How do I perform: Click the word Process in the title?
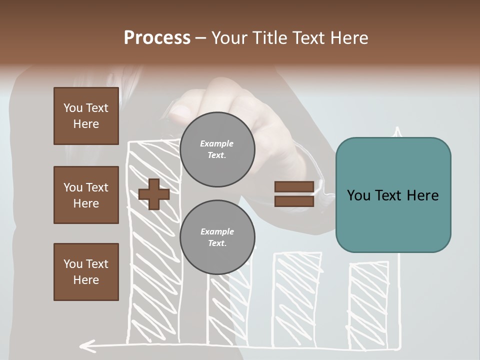click(x=157, y=38)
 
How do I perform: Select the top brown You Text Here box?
click(x=86, y=116)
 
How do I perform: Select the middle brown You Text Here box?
click(x=86, y=195)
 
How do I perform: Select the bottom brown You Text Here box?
click(x=86, y=272)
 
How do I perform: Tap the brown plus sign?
click(x=154, y=194)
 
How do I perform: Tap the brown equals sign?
click(x=294, y=194)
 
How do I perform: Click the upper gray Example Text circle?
click(x=217, y=149)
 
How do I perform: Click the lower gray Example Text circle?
click(x=217, y=237)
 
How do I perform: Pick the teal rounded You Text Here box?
click(x=393, y=195)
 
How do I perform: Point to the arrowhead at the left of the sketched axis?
click(x=87, y=344)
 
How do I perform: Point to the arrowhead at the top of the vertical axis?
click(x=398, y=132)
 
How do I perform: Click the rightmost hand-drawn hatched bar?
click(x=368, y=305)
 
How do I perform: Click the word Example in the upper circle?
click(x=217, y=143)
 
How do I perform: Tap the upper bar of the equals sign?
click(x=294, y=187)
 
